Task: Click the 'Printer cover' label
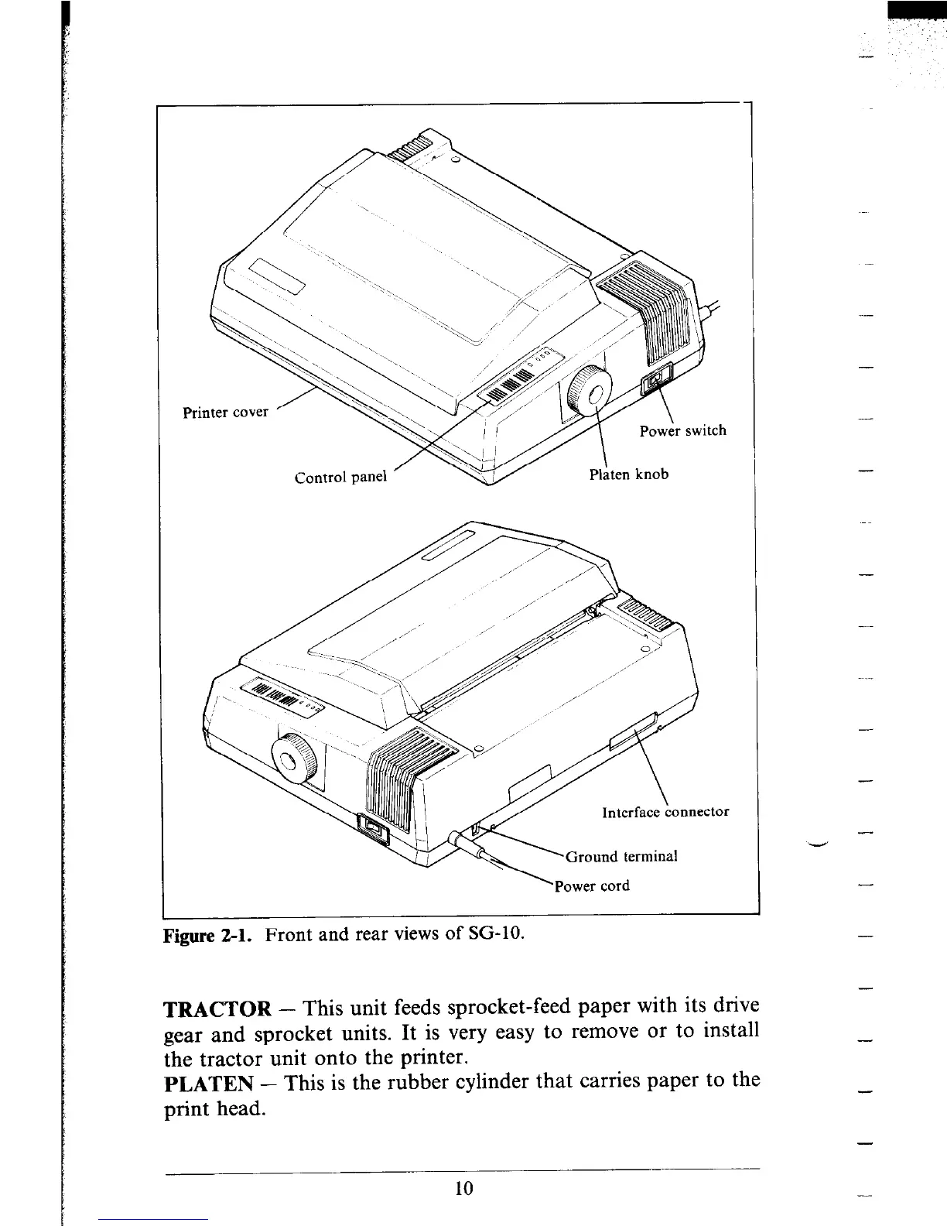225,412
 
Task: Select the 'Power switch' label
682,430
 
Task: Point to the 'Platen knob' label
628,474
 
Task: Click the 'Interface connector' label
665,812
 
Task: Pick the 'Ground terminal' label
622,857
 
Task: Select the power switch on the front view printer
657,380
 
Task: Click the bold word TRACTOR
217,1010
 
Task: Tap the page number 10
464,1188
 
